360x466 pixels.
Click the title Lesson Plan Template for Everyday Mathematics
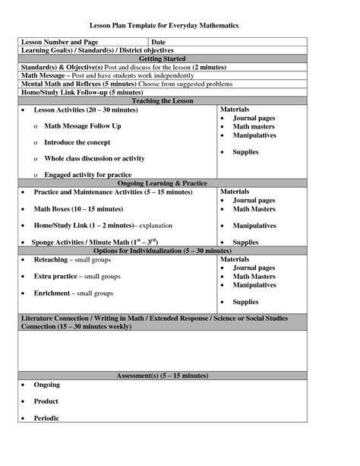coord(180,25)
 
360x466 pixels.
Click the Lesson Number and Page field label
coord(59,41)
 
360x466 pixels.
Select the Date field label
coord(158,41)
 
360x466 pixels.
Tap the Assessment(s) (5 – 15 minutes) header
coord(163,376)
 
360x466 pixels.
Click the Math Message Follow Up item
coord(82,125)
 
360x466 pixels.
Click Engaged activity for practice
coord(87,175)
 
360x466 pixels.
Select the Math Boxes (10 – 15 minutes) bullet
coord(77,208)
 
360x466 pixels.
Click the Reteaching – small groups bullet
coord(73,259)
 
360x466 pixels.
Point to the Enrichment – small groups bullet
coord(73,293)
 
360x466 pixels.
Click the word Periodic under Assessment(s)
coord(47,417)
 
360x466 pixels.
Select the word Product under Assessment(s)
coord(46,401)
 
